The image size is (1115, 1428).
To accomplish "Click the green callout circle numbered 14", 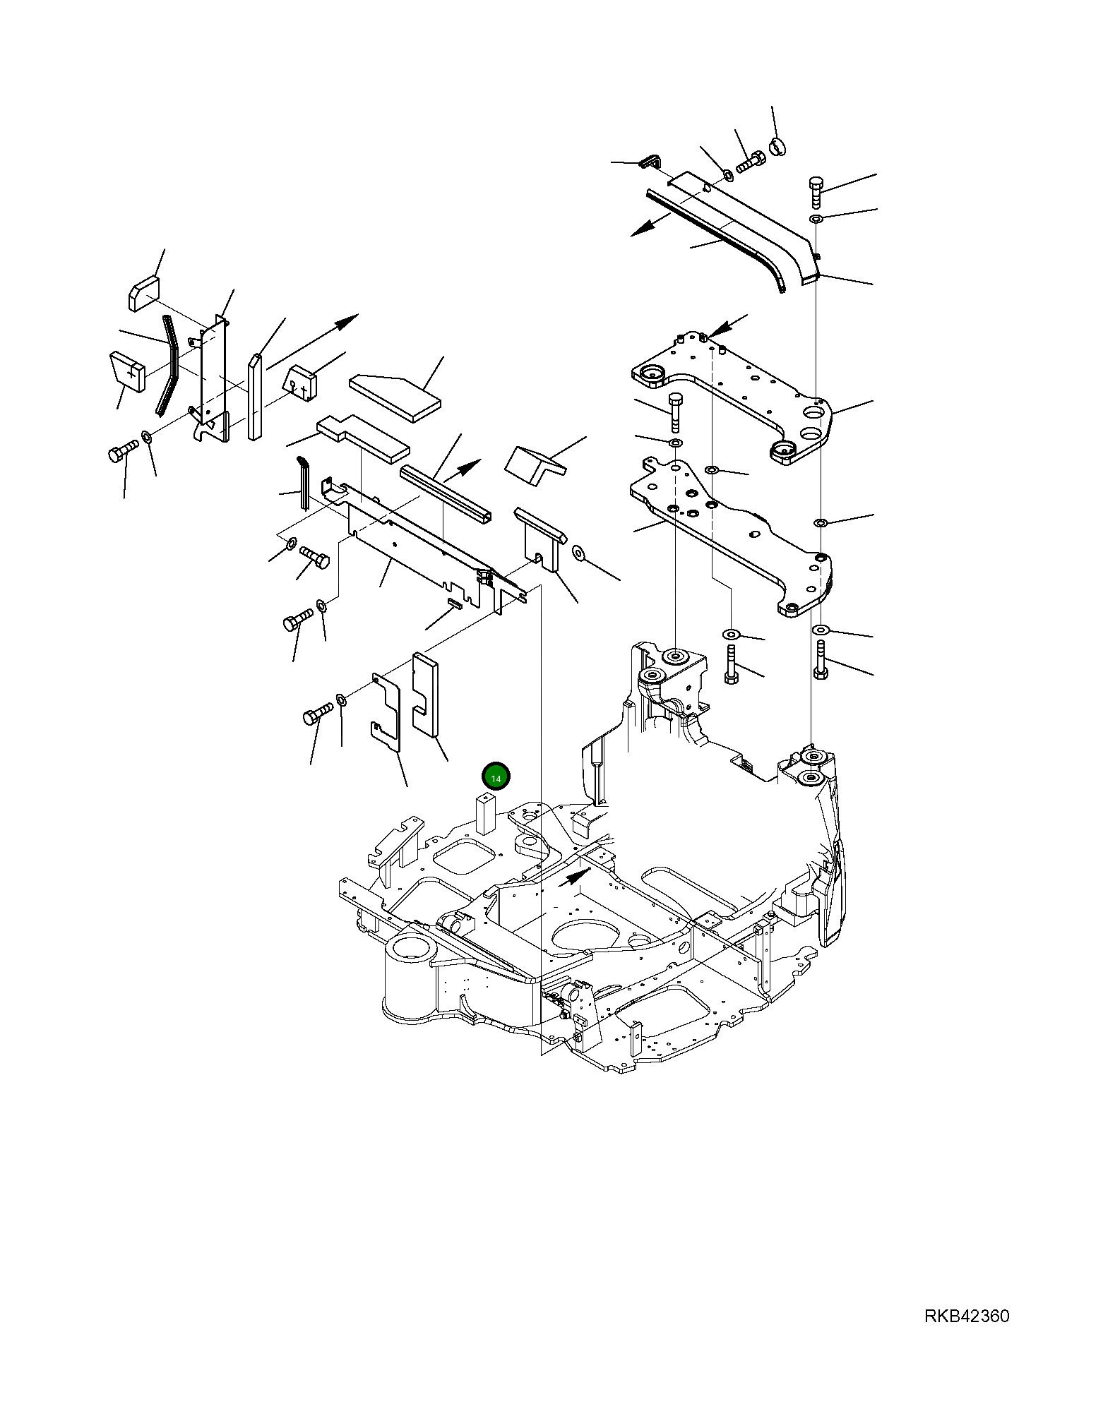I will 496,777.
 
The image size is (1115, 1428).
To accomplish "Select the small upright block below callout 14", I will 486,812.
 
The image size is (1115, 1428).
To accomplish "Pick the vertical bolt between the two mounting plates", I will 674,410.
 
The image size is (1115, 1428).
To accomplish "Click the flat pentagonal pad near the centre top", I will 395,397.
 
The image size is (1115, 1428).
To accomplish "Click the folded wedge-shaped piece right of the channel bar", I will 535,464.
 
